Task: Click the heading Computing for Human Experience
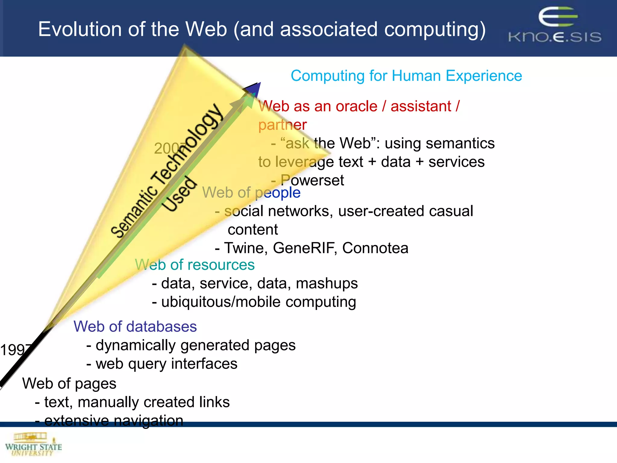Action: (406, 76)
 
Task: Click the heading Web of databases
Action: (135, 326)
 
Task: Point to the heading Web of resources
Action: (195, 265)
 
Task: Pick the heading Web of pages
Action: (69, 383)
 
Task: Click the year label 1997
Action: (15, 350)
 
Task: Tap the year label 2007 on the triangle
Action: (169, 148)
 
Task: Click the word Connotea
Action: (375, 248)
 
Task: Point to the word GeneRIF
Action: (305, 248)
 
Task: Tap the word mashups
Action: (327, 283)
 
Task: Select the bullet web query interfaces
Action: (166, 364)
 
